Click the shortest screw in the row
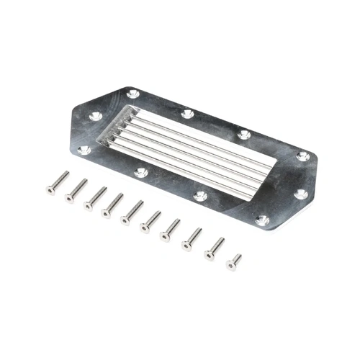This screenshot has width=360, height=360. (x=234, y=261)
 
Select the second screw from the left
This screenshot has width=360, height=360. (x=76, y=191)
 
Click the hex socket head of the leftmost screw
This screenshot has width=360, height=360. (x=51, y=190)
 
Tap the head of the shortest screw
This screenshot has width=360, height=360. (x=232, y=266)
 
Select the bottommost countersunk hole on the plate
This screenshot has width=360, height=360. (x=262, y=220)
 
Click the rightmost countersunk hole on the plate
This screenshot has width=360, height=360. (x=303, y=156)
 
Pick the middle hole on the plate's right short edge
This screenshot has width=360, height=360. (x=300, y=194)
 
